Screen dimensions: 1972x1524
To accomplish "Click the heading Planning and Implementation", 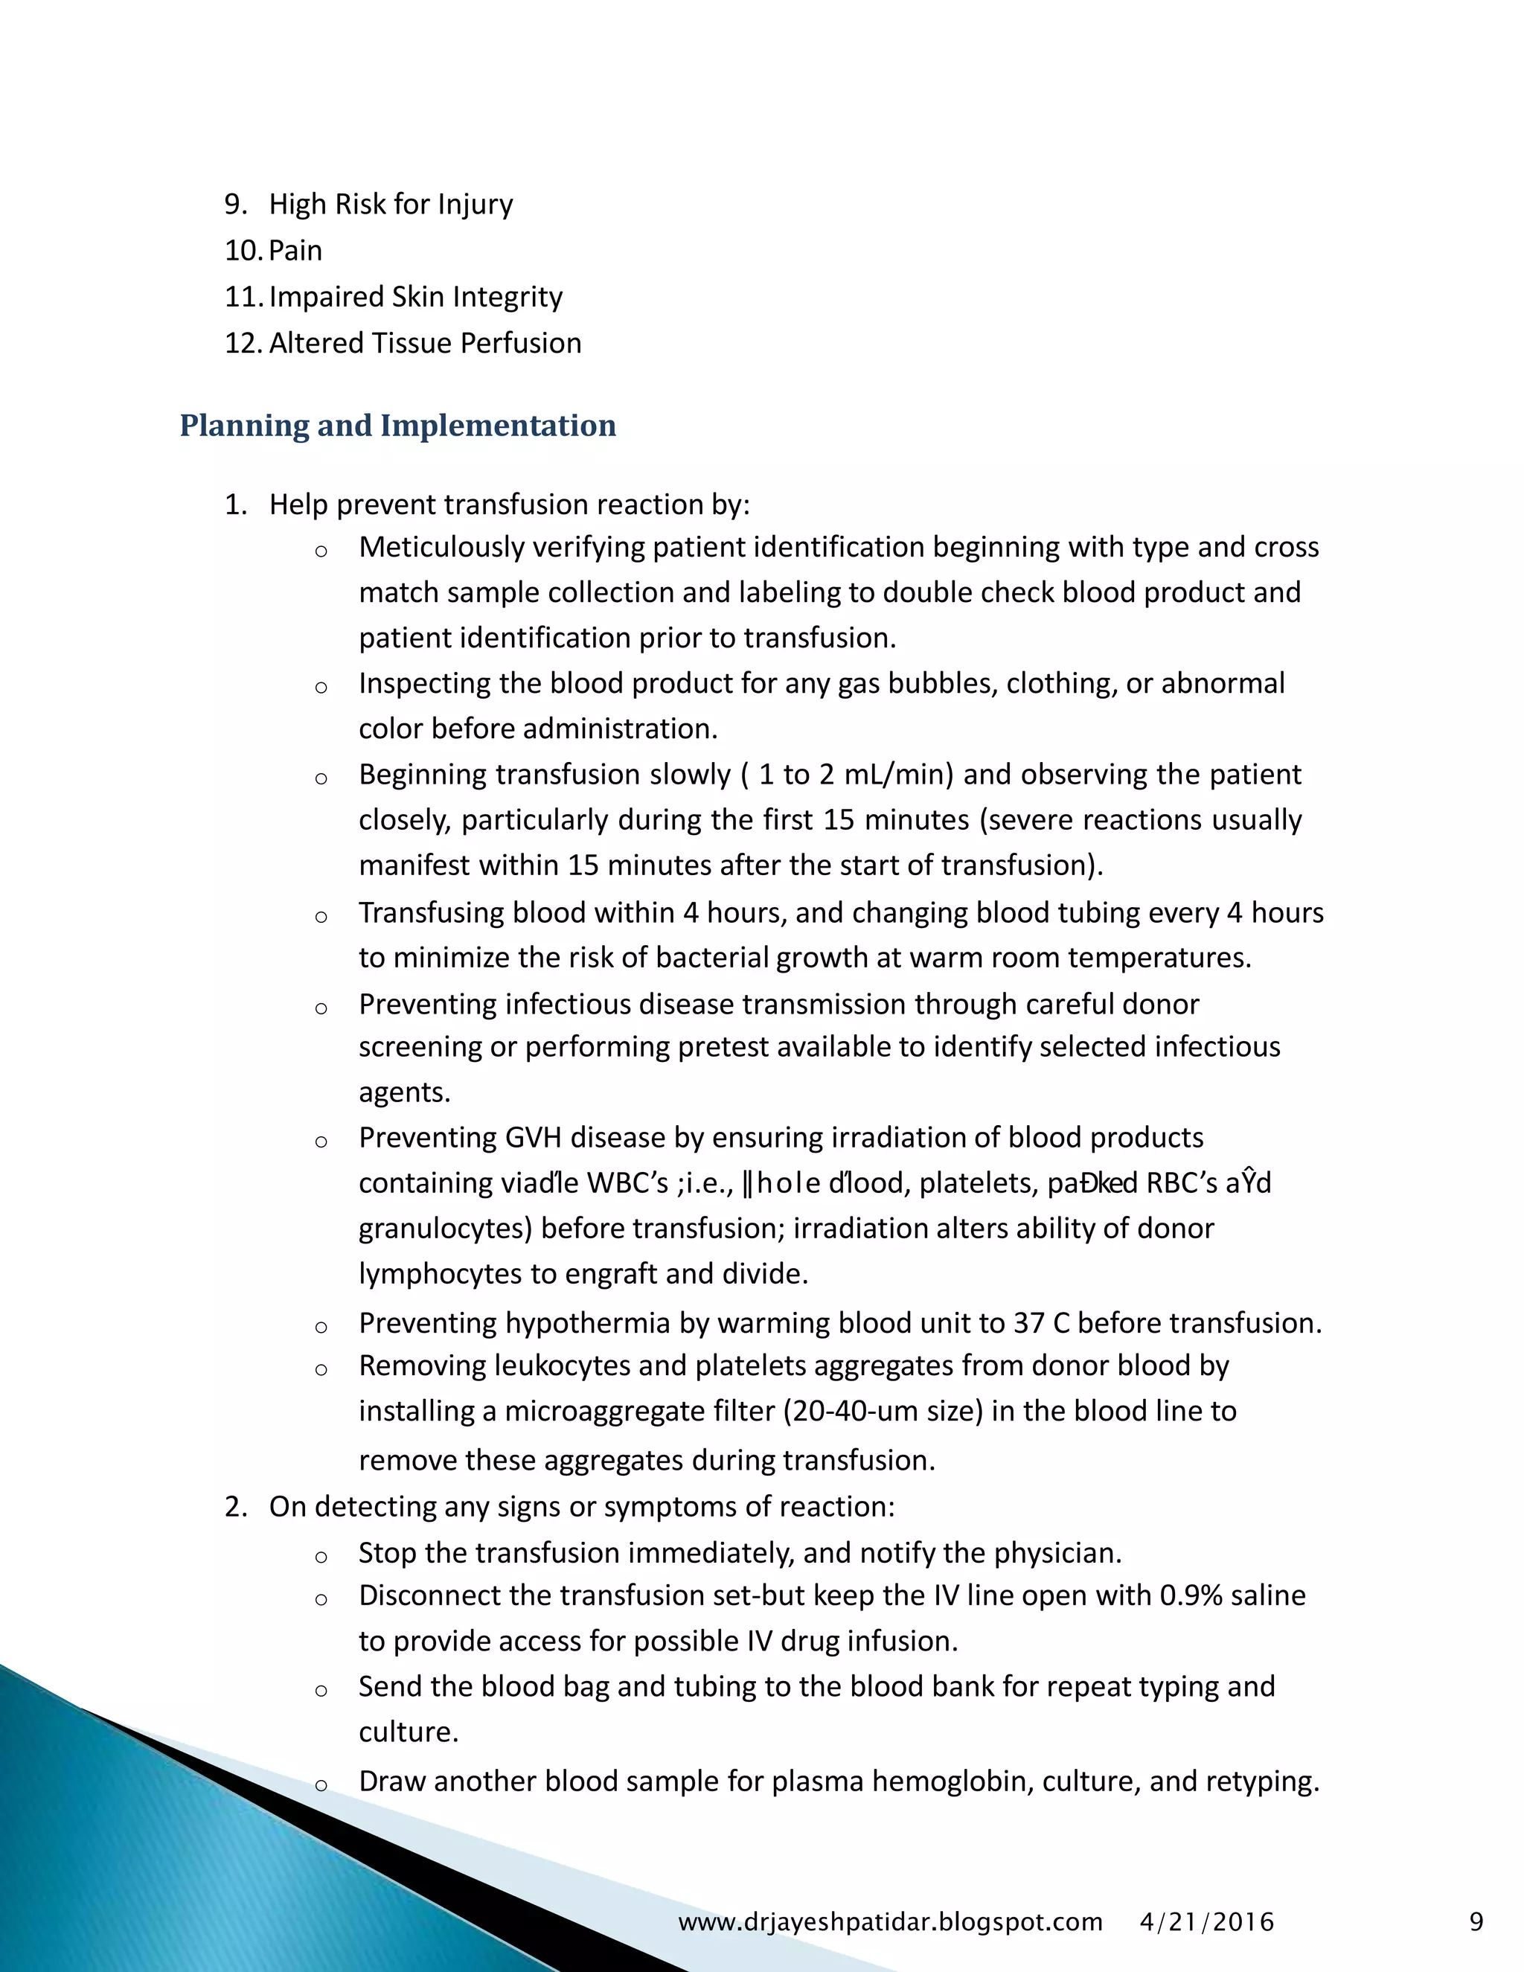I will coord(397,425).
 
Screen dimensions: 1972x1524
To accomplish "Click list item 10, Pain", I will coord(295,250).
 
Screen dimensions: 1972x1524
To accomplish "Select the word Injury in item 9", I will coord(475,204).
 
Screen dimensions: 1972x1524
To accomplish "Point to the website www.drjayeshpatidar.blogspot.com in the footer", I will coord(890,1921).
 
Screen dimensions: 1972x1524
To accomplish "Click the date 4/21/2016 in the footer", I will coord(1206,1921).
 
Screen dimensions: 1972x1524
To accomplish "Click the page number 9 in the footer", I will coord(1476,1921).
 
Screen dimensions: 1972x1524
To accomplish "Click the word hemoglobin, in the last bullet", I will coord(952,1781).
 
